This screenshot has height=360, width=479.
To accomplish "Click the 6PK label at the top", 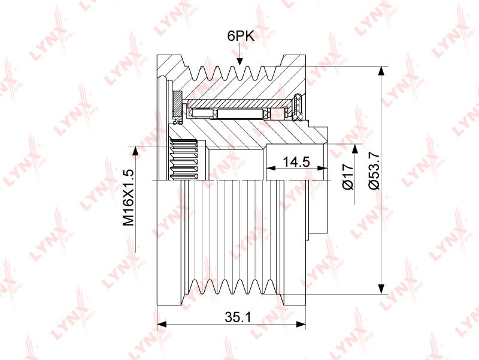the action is click(x=241, y=36).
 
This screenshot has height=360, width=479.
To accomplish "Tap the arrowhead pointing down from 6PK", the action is click(x=240, y=61).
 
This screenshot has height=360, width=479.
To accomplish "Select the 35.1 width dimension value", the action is click(x=238, y=317).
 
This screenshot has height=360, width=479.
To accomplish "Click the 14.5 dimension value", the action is click(x=296, y=161).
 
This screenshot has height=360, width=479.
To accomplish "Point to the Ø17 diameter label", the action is click(x=348, y=176).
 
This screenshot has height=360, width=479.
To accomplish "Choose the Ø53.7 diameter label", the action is click(x=374, y=171).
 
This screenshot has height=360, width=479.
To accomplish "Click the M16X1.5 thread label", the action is click(x=128, y=197).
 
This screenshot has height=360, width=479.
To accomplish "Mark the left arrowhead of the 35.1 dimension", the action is click(x=161, y=324).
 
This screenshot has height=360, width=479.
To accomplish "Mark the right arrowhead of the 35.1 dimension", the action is click(x=301, y=324).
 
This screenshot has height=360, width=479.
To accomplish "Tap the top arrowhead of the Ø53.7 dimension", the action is click(x=381, y=71).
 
